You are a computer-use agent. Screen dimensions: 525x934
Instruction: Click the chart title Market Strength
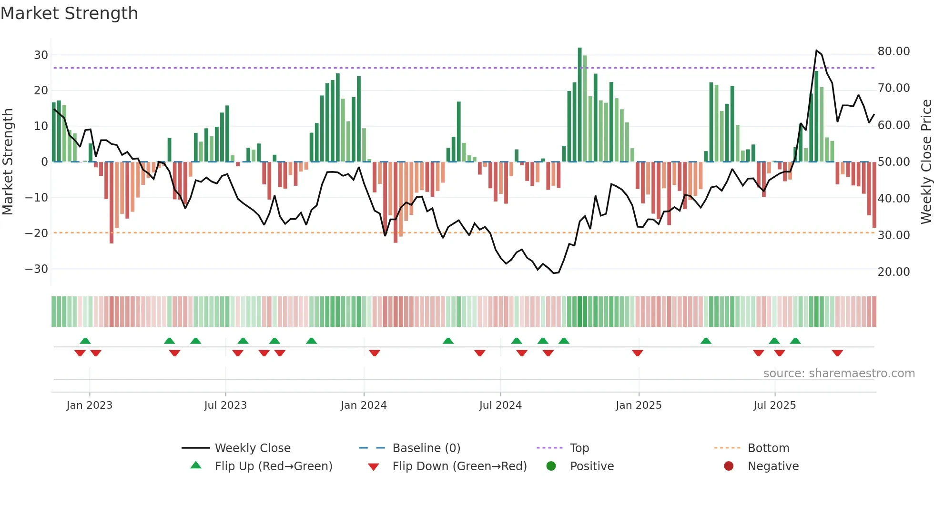tap(69, 13)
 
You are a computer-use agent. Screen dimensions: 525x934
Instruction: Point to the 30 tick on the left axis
tap(41, 55)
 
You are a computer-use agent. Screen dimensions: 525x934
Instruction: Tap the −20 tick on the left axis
tap(37, 233)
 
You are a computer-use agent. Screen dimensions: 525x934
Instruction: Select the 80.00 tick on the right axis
tap(893, 51)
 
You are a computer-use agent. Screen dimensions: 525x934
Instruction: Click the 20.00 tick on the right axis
tap(893, 272)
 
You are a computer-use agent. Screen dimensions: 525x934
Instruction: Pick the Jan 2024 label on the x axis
tap(364, 405)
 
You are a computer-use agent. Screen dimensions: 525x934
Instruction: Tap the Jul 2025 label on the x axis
tap(774, 405)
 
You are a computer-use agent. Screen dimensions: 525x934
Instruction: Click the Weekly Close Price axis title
tap(926, 162)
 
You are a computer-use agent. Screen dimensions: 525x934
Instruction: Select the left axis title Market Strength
tap(8, 162)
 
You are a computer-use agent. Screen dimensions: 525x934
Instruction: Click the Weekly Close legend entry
tap(253, 448)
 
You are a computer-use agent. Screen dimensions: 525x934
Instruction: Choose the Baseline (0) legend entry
tap(426, 448)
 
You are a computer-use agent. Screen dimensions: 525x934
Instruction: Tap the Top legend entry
tap(579, 448)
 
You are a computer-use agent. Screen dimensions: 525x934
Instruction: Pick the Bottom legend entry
tap(768, 448)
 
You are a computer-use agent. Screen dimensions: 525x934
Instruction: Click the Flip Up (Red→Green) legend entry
tap(273, 466)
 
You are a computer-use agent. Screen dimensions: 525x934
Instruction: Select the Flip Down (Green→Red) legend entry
tap(459, 466)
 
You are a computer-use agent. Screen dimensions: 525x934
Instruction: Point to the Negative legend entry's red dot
tap(729, 466)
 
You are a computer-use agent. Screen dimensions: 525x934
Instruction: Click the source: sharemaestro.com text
tap(839, 374)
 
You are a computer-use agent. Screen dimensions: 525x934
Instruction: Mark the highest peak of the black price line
tap(816, 50)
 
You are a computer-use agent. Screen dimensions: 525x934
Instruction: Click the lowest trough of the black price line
tap(554, 273)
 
